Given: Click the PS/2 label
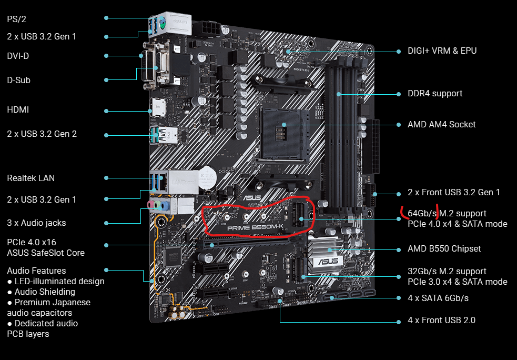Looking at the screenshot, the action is click(x=16, y=19).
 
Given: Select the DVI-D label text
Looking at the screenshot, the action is click(x=18, y=56).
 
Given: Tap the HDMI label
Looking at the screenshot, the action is click(x=18, y=109).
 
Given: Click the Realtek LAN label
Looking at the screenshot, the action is click(x=31, y=178).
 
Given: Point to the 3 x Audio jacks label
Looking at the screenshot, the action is click(x=36, y=223).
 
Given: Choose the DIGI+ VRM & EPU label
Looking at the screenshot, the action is click(x=442, y=51).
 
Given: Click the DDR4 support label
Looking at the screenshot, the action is click(x=435, y=94).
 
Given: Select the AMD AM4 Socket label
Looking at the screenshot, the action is click(x=441, y=124).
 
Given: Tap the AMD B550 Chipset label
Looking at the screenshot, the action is click(x=444, y=248).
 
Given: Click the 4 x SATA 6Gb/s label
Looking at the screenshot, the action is click(x=438, y=298).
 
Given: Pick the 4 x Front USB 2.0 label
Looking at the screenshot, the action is click(x=441, y=320).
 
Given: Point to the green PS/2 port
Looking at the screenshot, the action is click(x=161, y=24).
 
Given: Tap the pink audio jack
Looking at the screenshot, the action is click(x=150, y=205).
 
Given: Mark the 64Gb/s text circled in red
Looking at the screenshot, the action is click(x=422, y=213).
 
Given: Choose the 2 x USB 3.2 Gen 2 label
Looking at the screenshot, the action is click(x=42, y=134).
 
